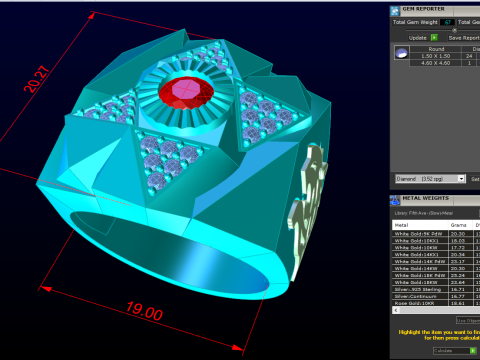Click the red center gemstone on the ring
190,93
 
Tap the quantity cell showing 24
468,56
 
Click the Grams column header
458,225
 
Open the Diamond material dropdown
425,178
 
